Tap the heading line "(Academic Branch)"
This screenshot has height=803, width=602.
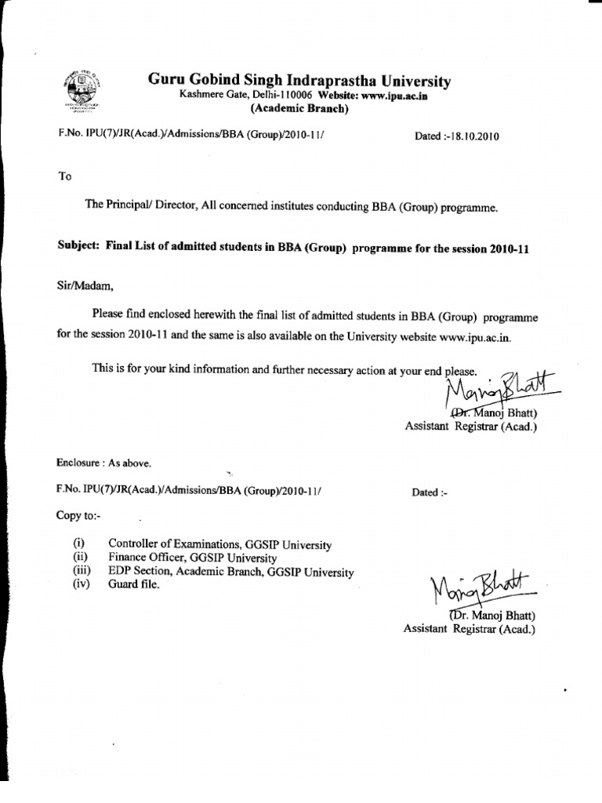click(299, 109)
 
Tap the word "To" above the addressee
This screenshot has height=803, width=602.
click(65, 176)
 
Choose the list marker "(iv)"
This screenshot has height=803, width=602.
click(81, 584)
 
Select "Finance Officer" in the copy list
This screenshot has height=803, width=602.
click(148, 558)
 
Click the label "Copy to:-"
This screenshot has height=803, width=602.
click(78, 515)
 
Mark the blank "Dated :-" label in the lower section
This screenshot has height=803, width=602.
click(428, 492)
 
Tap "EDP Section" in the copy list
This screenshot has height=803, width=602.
click(139, 571)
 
